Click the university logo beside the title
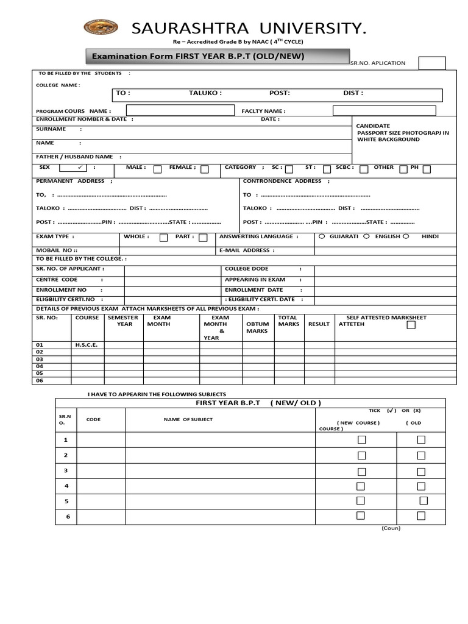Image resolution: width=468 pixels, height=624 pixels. pos(101,27)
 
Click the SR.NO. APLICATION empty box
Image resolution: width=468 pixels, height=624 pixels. pos(432,63)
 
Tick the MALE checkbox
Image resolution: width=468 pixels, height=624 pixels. pos(158,169)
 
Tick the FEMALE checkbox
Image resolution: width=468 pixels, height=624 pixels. pos(205,169)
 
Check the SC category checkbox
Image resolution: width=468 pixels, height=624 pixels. pos(289,169)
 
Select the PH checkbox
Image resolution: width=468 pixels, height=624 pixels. pos(427,169)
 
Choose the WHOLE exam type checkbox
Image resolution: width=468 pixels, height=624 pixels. pos(163,238)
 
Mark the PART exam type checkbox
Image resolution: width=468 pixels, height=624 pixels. pos(203,238)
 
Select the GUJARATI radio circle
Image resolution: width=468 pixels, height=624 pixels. pos(322,236)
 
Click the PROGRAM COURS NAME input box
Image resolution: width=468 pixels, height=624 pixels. pos(180,110)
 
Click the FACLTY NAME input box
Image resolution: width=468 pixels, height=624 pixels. pos(384,110)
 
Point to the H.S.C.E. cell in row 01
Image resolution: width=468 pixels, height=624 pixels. pos(87,345)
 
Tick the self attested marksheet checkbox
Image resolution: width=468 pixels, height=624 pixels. pos(411,325)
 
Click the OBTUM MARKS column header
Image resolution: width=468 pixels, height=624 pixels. pos(257,328)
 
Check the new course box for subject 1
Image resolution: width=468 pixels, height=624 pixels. pos(361,439)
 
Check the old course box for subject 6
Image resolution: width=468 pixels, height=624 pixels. pos(421,516)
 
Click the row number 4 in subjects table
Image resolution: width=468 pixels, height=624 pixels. pos(66,486)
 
